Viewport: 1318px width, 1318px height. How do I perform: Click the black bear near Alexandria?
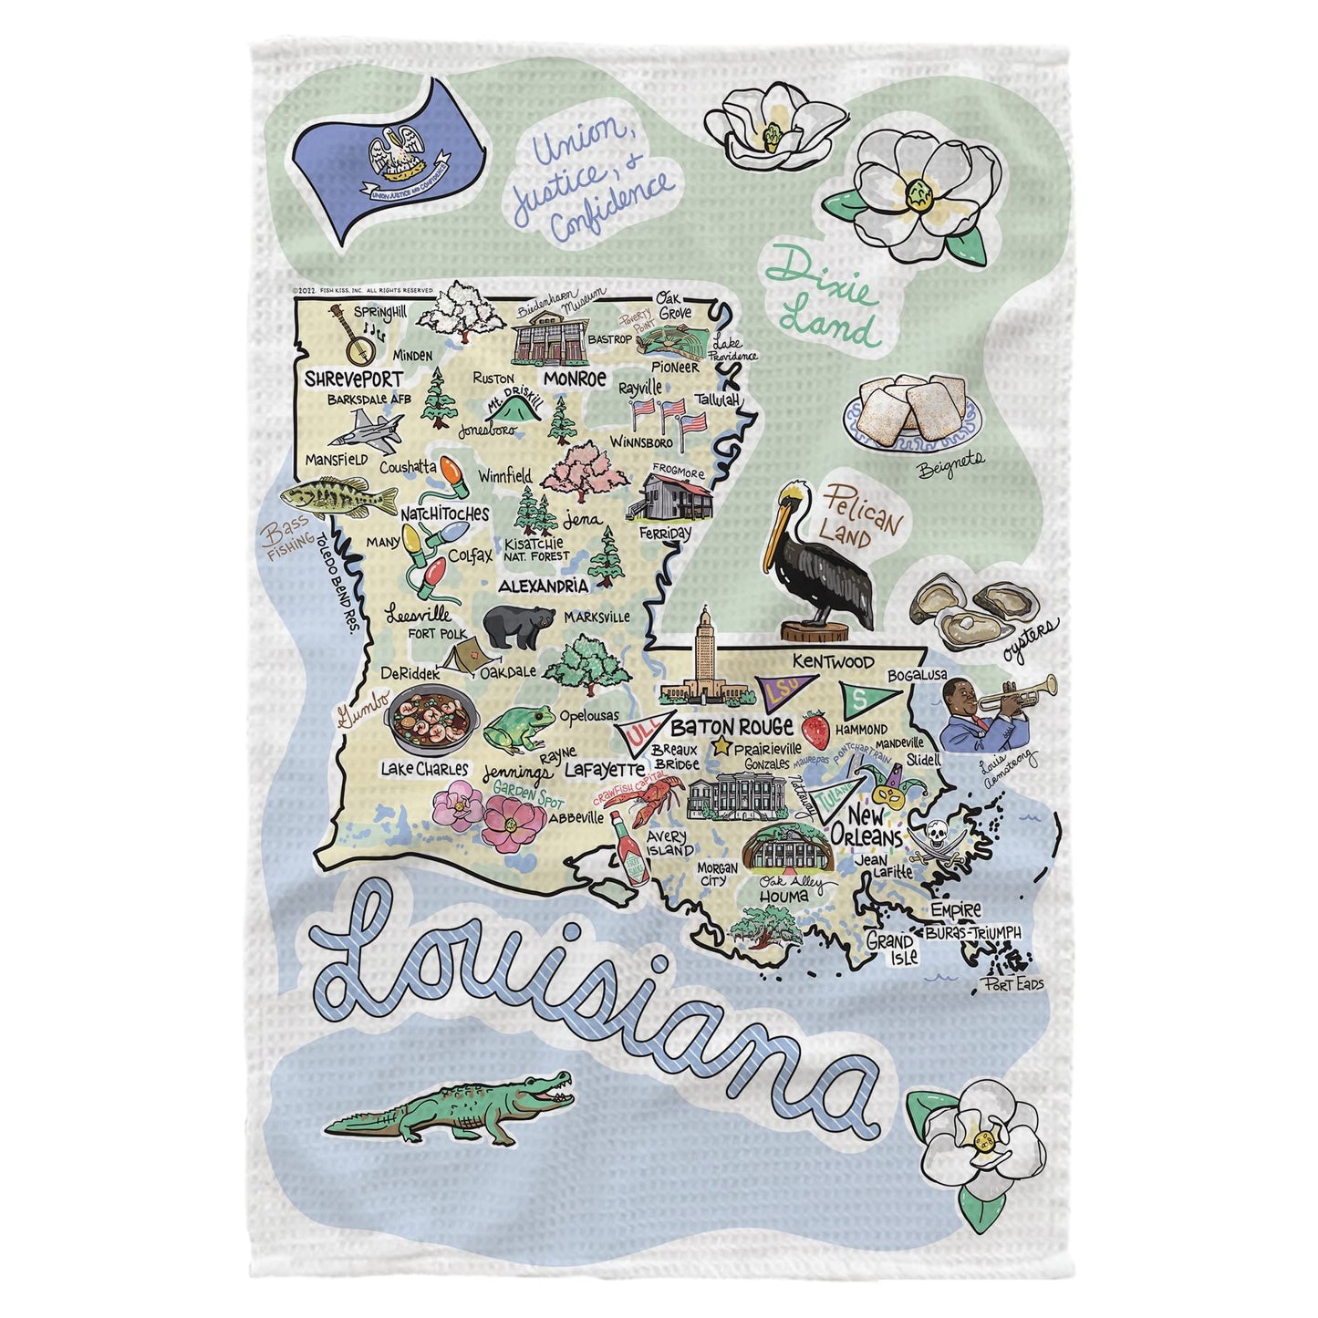click(x=517, y=627)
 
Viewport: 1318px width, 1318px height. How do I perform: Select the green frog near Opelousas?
click(x=519, y=728)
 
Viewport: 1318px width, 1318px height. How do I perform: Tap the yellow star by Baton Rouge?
click(x=722, y=747)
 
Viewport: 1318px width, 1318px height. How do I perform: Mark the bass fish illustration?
click(x=324, y=497)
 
